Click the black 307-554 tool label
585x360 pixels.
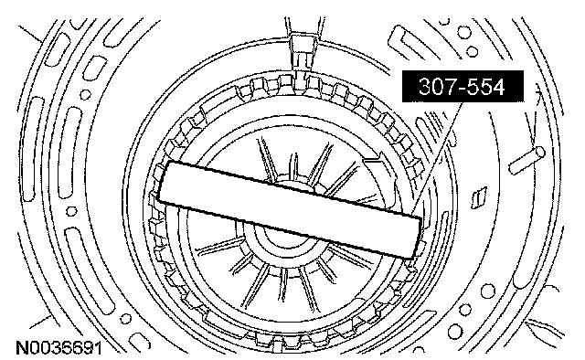(463, 86)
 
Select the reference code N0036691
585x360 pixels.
(58, 348)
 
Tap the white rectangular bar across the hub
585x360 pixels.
(292, 209)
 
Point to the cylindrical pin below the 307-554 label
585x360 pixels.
(526, 160)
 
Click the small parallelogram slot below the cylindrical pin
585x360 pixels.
(479, 197)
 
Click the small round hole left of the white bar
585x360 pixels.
(71, 212)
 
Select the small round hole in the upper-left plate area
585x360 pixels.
(85, 94)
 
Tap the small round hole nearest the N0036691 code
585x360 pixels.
(126, 318)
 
